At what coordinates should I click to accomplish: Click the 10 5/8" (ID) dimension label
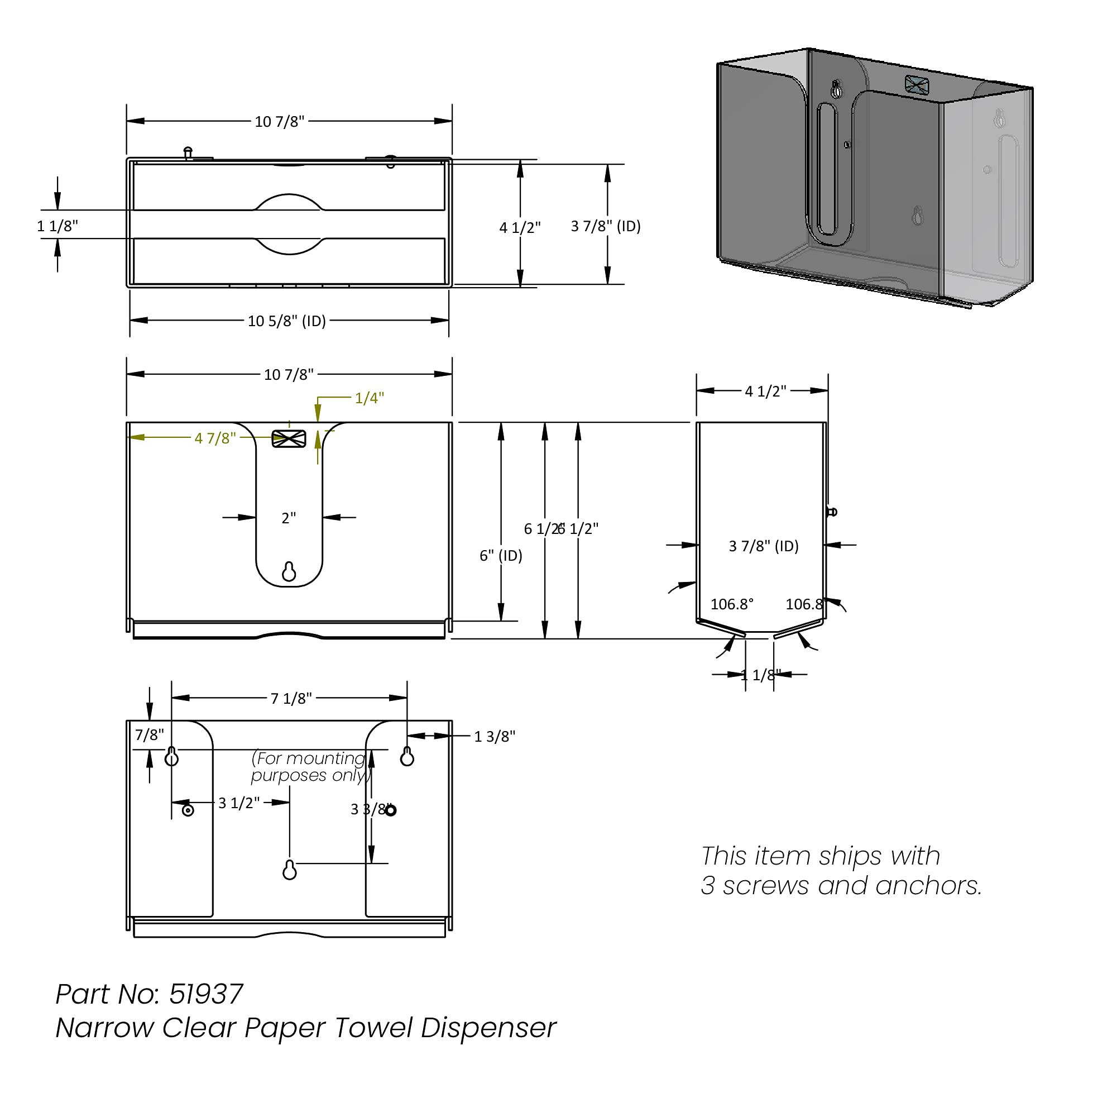286,321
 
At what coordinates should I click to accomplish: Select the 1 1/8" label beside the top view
57,226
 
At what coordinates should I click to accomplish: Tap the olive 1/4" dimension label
369,398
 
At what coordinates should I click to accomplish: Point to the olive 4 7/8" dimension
215,438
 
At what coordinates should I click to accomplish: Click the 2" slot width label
289,518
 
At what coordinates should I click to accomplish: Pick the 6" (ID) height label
500,555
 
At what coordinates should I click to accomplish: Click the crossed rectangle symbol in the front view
289,438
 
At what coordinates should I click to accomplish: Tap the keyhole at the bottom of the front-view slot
289,572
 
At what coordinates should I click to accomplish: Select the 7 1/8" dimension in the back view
291,698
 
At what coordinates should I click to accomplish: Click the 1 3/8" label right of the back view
494,737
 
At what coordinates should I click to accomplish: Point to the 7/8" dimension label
150,734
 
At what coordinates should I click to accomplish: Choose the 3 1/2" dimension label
239,803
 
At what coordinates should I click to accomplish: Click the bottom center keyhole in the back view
289,870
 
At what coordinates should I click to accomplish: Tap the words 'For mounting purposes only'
310,766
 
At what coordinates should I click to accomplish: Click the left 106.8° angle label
731,604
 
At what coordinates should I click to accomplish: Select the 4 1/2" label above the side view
765,391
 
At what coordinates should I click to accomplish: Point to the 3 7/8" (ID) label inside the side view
763,546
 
